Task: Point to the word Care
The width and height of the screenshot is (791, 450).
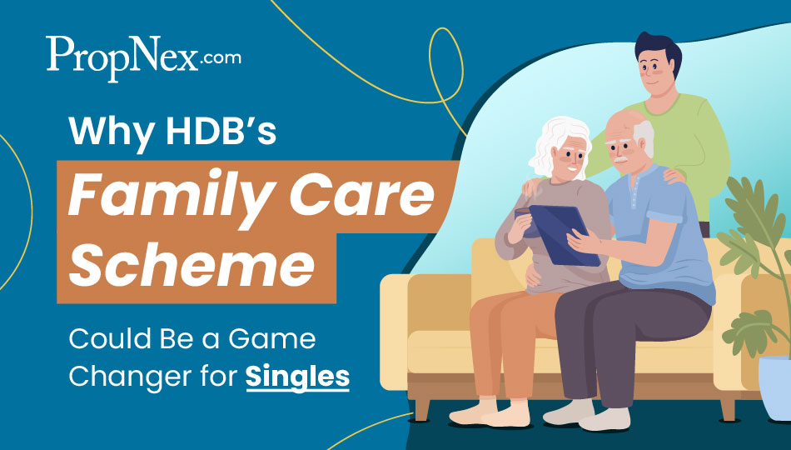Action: [x=361, y=194]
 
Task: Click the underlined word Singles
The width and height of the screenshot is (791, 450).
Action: [x=297, y=377]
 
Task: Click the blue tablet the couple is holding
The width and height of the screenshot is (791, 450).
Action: [x=564, y=234]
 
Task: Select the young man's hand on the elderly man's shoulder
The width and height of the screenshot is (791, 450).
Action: [x=674, y=175]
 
